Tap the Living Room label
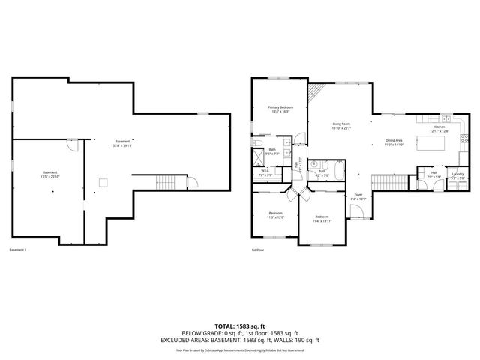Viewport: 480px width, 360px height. click(x=342, y=126)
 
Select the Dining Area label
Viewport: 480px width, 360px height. click(x=394, y=142)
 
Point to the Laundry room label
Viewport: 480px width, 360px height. click(x=457, y=175)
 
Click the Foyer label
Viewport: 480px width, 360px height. click(x=359, y=196)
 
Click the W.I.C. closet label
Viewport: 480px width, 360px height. click(x=265, y=172)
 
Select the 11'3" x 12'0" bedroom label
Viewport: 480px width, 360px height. click(x=275, y=215)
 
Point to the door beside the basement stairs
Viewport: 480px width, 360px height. click(x=190, y=181)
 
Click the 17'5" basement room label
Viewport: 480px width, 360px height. click(x=49, y=175)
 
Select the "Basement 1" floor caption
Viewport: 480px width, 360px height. click(x=17, y=250)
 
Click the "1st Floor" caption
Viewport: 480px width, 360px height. click(x=258, y=250)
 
